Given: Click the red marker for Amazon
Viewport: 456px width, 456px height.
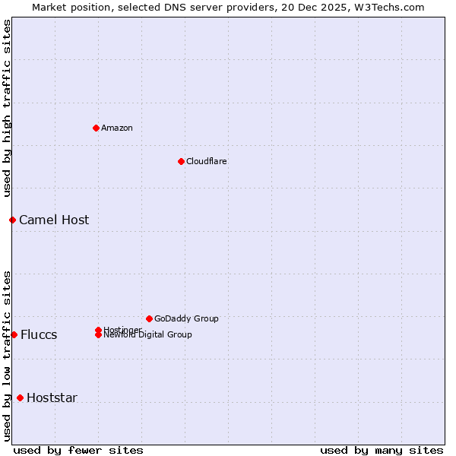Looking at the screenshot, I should (x=96, y=128).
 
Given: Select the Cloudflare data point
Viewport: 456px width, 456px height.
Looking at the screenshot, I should (x=181, y=161).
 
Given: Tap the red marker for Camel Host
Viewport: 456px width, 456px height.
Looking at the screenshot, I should (x=12, y=220).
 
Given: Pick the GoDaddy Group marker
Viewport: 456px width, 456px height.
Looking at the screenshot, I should (x=149, y=318).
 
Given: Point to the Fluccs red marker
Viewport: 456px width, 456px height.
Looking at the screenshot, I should (x=14, y=334).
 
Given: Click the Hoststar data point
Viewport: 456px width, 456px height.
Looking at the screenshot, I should (x=20, y=397).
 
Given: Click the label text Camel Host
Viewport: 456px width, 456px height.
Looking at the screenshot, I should (x=54, y=220).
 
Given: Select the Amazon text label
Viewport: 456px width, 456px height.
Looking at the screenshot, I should (x=117, y=128).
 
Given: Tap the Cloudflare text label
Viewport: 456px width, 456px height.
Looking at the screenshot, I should (x=207, y=161).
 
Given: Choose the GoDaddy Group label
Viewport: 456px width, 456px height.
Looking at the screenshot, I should (x=186, y=318).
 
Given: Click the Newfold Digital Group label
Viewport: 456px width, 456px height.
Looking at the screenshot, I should (x=147, y=335).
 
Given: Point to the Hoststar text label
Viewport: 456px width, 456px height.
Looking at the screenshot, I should (x=52, y=398).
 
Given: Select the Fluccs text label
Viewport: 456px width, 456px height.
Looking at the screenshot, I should (x=39, y=335).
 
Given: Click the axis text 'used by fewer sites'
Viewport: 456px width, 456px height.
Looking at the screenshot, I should (x=78, y=450).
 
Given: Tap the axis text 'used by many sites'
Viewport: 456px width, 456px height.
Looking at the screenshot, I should (x=382, y=450).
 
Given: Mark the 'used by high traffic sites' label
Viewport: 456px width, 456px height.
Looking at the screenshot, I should (x=7, y=108).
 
